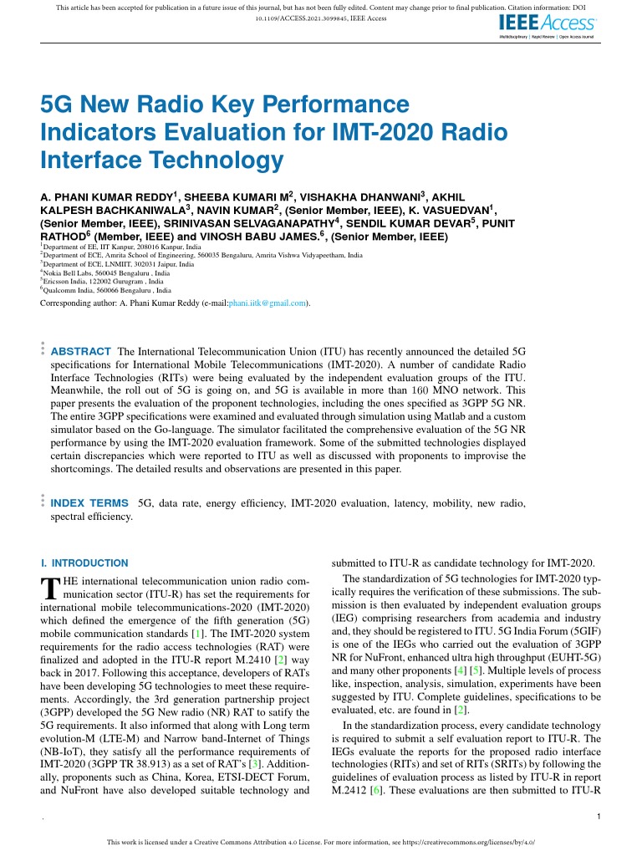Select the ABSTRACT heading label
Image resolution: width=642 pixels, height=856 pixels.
click(x=81, y=351)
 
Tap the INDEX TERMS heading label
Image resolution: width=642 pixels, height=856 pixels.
click(x=89, y=503)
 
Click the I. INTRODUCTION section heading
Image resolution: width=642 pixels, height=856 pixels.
click(x=84, y=563)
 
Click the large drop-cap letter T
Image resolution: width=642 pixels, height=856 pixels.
click(x=50, y=588)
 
